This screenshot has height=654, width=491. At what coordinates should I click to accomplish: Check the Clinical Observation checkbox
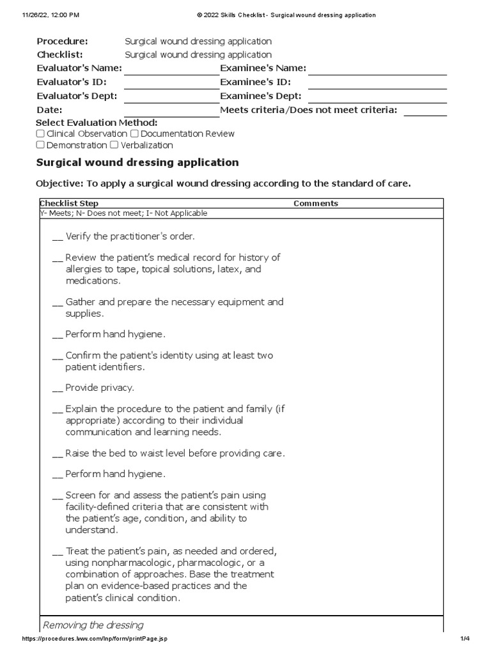tap(40, 134)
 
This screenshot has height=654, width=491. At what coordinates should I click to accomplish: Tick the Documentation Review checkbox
tap(134, 134)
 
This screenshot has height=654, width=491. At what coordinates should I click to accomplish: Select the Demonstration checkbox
tap(40, 146)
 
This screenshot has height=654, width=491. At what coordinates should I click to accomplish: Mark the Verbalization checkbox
tap(114, 146)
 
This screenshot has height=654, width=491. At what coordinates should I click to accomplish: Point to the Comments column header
tap(316, 204)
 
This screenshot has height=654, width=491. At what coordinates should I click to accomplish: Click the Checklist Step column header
tap(69, 204)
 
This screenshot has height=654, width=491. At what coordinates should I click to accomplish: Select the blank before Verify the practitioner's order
tap(58, 237)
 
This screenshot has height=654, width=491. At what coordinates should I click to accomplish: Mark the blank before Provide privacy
tap(58, 388)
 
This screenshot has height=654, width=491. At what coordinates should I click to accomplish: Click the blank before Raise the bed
tap(58, 453)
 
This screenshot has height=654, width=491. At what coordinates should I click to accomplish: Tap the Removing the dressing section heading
tap(93, 625)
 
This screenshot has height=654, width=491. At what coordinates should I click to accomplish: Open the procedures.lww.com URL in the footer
tap(95, 639)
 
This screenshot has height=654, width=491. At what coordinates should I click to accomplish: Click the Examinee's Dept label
tap(261, 96)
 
